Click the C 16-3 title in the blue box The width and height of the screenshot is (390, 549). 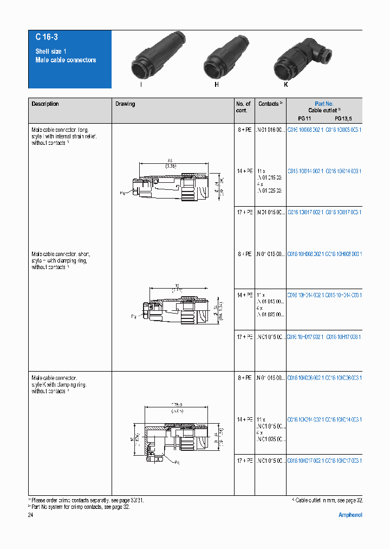47,37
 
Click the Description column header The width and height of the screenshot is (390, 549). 45,104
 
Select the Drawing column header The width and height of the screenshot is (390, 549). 125,104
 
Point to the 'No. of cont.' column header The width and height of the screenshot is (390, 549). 243,107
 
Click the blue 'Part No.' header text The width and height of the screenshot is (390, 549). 324,104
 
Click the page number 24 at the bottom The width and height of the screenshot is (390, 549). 30,515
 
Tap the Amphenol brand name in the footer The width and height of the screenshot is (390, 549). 350,515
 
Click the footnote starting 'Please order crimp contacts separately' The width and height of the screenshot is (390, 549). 87,500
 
